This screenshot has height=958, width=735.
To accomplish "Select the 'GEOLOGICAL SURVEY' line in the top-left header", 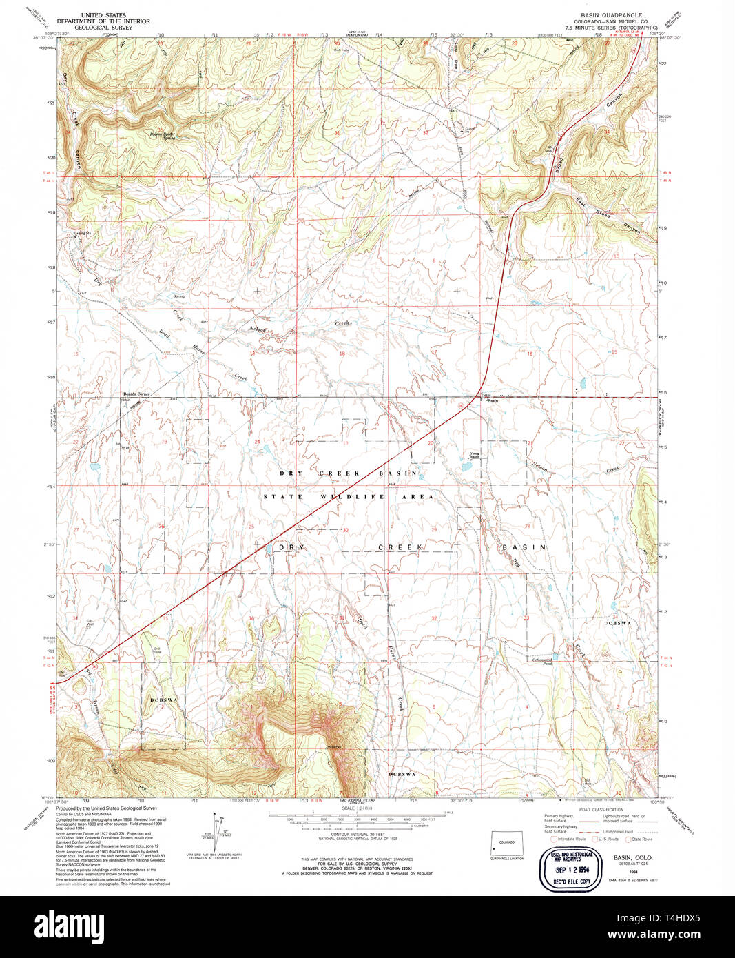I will (116, 28).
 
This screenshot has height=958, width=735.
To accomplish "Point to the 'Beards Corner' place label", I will (136, 394).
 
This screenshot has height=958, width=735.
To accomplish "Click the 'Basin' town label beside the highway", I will (493, 400).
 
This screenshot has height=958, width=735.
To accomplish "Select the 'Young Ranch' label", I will (474, 455).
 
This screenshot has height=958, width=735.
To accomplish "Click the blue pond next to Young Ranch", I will (465, 466).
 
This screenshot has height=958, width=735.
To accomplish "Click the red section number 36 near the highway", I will (251, 618).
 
